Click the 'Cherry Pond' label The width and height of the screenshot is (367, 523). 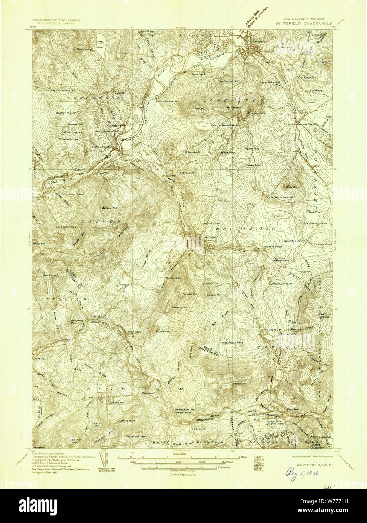321,244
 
